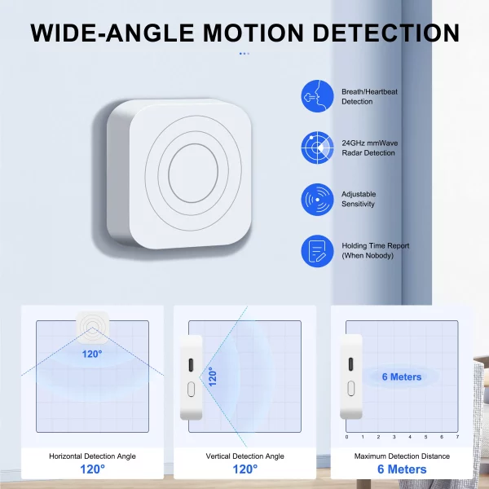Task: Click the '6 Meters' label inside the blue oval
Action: point(402,377)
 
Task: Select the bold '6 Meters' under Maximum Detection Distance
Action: point(402,469)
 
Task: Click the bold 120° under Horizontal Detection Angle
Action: point(92,469)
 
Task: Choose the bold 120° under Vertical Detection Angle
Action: point(245,469)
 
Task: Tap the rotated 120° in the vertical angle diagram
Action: point(212,376)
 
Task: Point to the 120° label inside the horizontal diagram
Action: point(91,354)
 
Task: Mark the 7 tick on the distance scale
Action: point(458,438)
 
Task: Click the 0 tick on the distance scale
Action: point(346,438)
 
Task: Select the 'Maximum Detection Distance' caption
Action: point(402,456)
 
